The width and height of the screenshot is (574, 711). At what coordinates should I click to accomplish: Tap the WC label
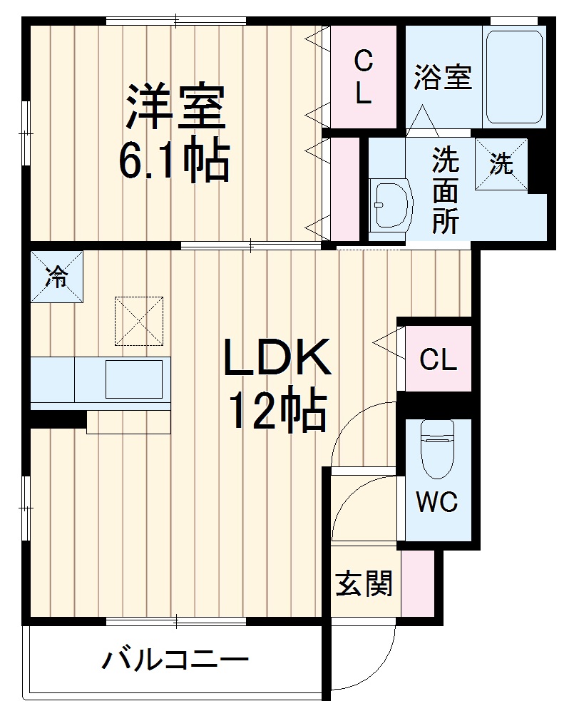tap(437, 503)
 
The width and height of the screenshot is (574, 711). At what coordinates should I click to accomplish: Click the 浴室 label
tap(443, 77)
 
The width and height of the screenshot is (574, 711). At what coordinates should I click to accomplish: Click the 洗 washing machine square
tap(502, 164)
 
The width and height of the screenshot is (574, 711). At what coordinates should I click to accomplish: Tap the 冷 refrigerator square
tap(56, 277)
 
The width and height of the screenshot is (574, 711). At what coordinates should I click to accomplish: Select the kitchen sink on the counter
tap(134, 379)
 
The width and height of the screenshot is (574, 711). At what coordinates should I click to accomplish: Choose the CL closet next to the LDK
tap(438, 359)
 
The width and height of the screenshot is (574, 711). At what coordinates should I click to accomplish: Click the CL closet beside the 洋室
tap(364, 78)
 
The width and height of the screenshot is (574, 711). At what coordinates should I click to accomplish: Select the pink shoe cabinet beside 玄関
tap(416, 584)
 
